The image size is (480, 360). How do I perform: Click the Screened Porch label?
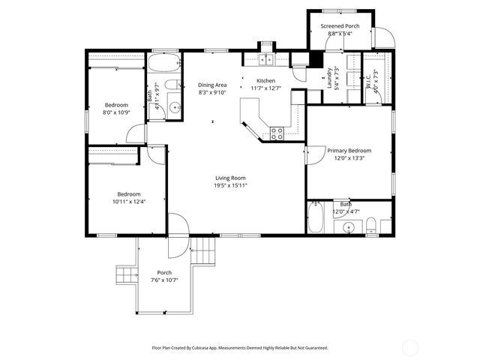(340, 26)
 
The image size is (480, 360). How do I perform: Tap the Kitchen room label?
(266, 81)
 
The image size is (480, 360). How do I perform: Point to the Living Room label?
(230, 177)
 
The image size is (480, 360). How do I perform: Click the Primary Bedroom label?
(349, 150)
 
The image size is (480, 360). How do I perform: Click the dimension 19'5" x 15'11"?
(230, 185)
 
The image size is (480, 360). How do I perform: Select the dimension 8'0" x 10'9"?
(116, 112)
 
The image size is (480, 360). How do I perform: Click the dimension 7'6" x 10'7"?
(164, 280)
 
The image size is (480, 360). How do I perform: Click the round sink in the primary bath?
(349, 228)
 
